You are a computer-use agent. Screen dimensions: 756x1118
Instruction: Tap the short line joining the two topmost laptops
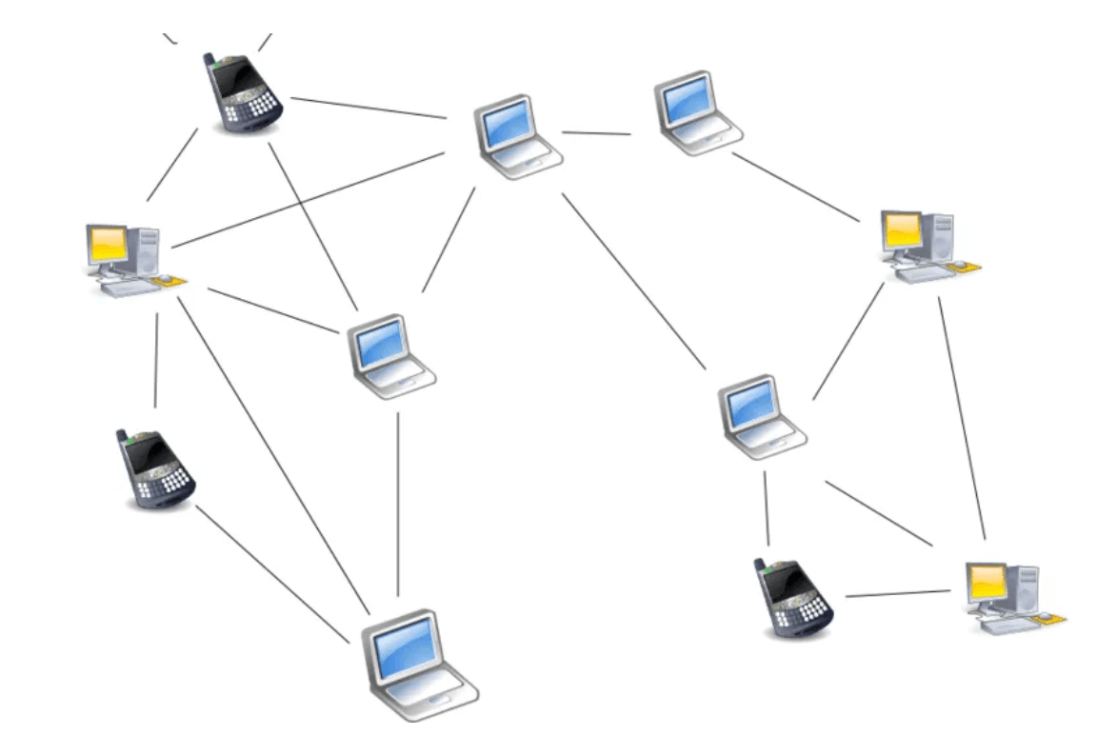coord(596,133)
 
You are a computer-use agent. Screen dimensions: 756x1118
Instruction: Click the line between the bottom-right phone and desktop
coord(897,594)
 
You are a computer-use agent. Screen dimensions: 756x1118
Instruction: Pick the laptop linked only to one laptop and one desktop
coord(698,112)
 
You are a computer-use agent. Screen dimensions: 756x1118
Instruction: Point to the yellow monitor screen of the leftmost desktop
coord(108,244)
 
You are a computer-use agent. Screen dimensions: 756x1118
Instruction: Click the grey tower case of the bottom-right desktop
coord(1026,587)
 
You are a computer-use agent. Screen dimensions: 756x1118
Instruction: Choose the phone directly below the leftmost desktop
coord(159,469)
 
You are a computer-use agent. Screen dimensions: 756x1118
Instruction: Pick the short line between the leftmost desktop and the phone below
coord(155,359)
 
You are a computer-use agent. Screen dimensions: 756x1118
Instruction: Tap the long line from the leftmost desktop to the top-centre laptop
coord(308,199)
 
